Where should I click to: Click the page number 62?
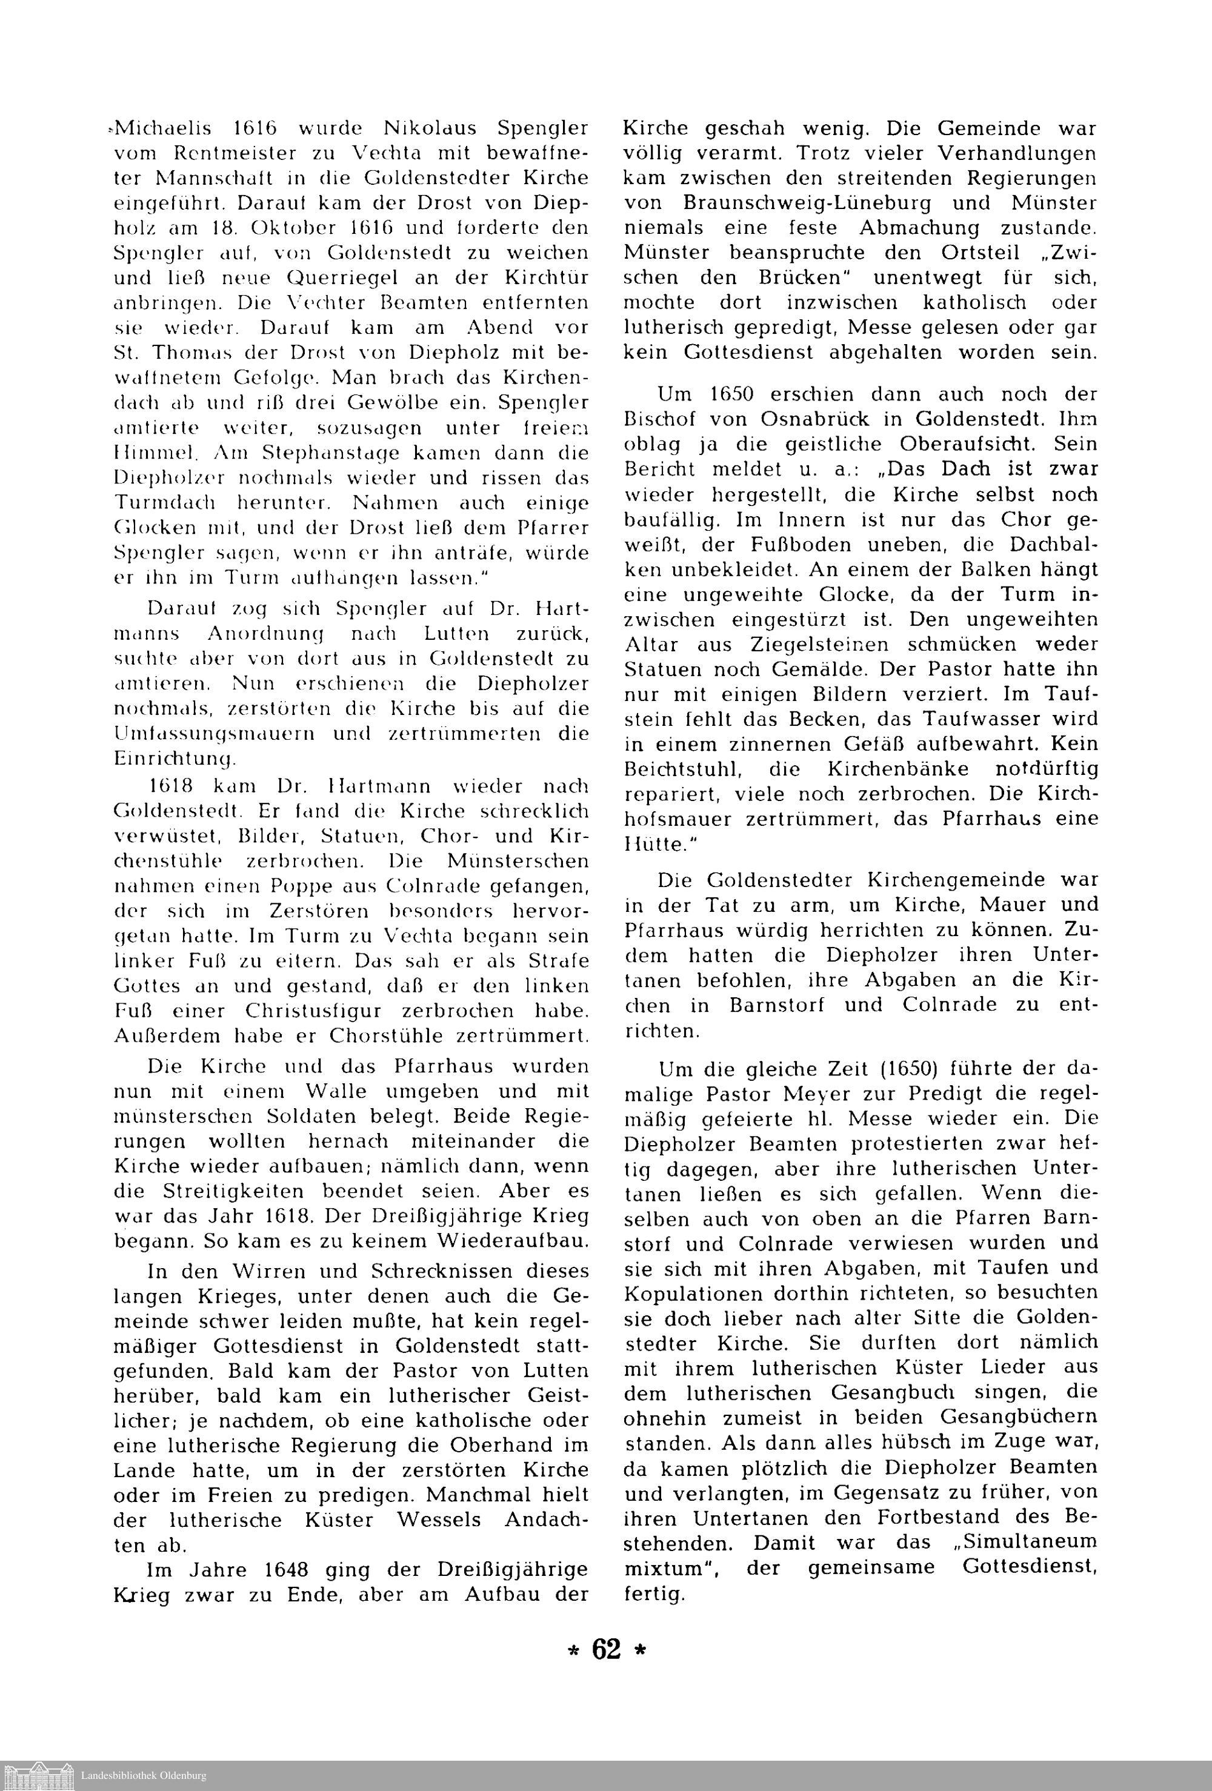click(606, 1649)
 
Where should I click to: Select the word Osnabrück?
click(830, 419)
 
